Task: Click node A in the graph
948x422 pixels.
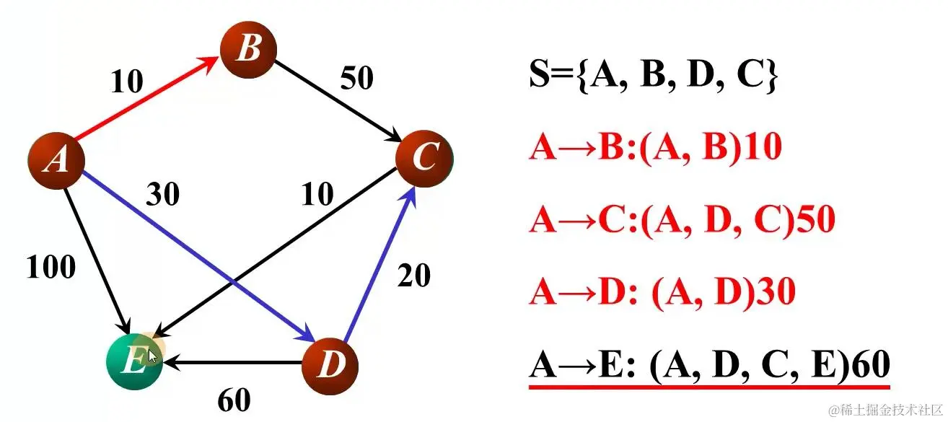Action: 56,161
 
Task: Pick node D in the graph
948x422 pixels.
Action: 329,364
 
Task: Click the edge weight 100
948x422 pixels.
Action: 51,268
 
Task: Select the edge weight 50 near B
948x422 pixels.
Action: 356,78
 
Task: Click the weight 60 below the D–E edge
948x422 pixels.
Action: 234,400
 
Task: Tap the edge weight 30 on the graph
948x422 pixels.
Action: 163,194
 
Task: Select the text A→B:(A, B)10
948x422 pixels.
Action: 655,149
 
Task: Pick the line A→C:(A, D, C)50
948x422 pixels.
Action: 682,220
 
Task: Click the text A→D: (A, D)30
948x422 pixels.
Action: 662,291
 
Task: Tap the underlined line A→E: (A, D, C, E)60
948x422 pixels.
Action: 709,365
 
